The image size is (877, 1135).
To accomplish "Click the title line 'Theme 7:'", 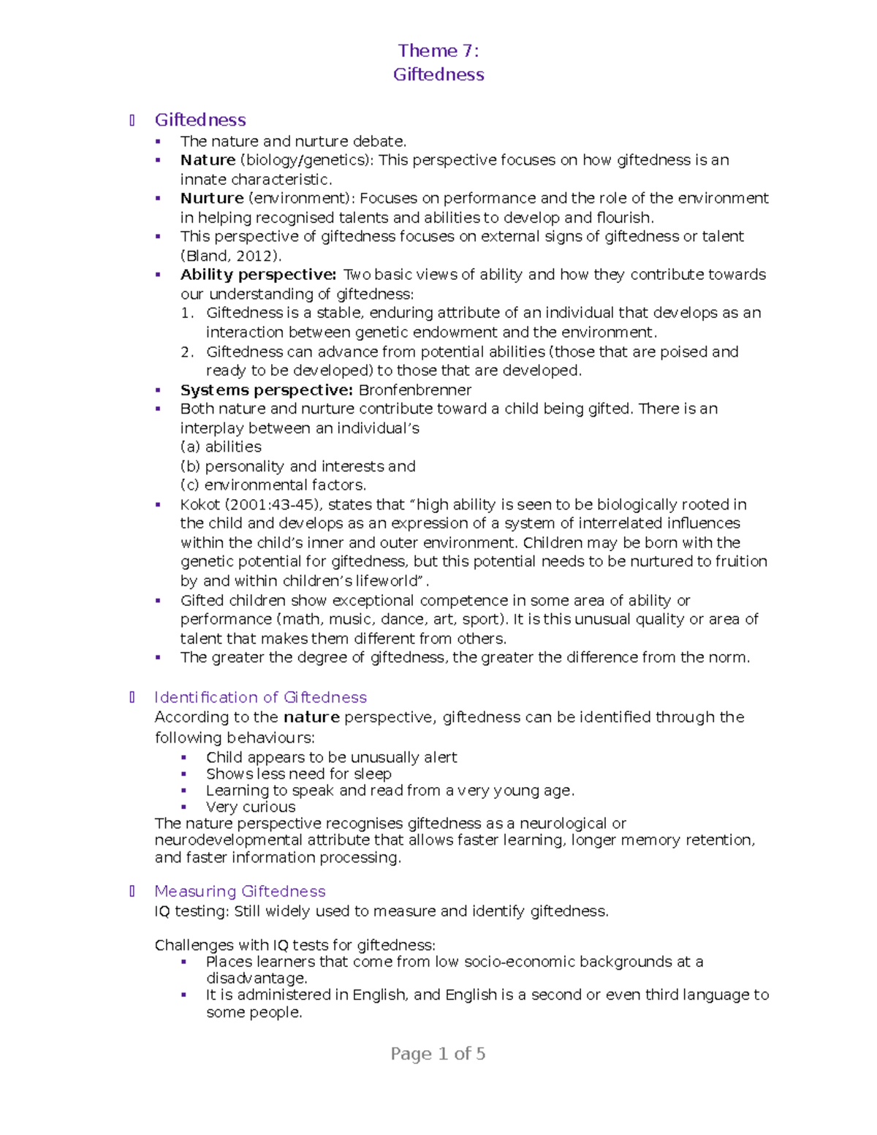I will [438, 50].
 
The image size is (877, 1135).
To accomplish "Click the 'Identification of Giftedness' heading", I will [260, 697].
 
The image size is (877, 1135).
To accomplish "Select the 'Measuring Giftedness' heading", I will [240, 891].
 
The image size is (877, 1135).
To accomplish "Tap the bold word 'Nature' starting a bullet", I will [208, 160].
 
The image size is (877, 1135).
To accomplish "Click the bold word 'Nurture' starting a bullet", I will [212, 198].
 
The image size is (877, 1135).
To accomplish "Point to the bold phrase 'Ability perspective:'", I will [258, 275].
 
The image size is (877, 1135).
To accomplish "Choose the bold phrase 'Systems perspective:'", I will [267, 390].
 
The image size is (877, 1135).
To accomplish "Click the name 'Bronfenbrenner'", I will [414, 390].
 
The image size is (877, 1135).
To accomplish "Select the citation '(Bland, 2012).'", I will [230, 256].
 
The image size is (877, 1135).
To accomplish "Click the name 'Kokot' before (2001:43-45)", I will [200, 505].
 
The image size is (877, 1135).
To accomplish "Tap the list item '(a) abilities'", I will [221, 447].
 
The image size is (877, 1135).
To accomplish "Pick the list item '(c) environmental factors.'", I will [273, 485].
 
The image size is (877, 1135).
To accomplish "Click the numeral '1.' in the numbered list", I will [187, 313].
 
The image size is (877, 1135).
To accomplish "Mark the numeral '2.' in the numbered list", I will [187, 352].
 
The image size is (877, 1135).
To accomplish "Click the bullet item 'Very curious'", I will [251, 807].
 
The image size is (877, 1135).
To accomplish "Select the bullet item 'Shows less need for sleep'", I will [298, 774].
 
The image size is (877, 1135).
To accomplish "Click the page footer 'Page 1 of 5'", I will [438, 1054].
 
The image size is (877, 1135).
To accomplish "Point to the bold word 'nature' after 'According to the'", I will [311, 718].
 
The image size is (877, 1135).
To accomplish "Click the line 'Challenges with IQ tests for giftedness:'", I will [295, 945].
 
